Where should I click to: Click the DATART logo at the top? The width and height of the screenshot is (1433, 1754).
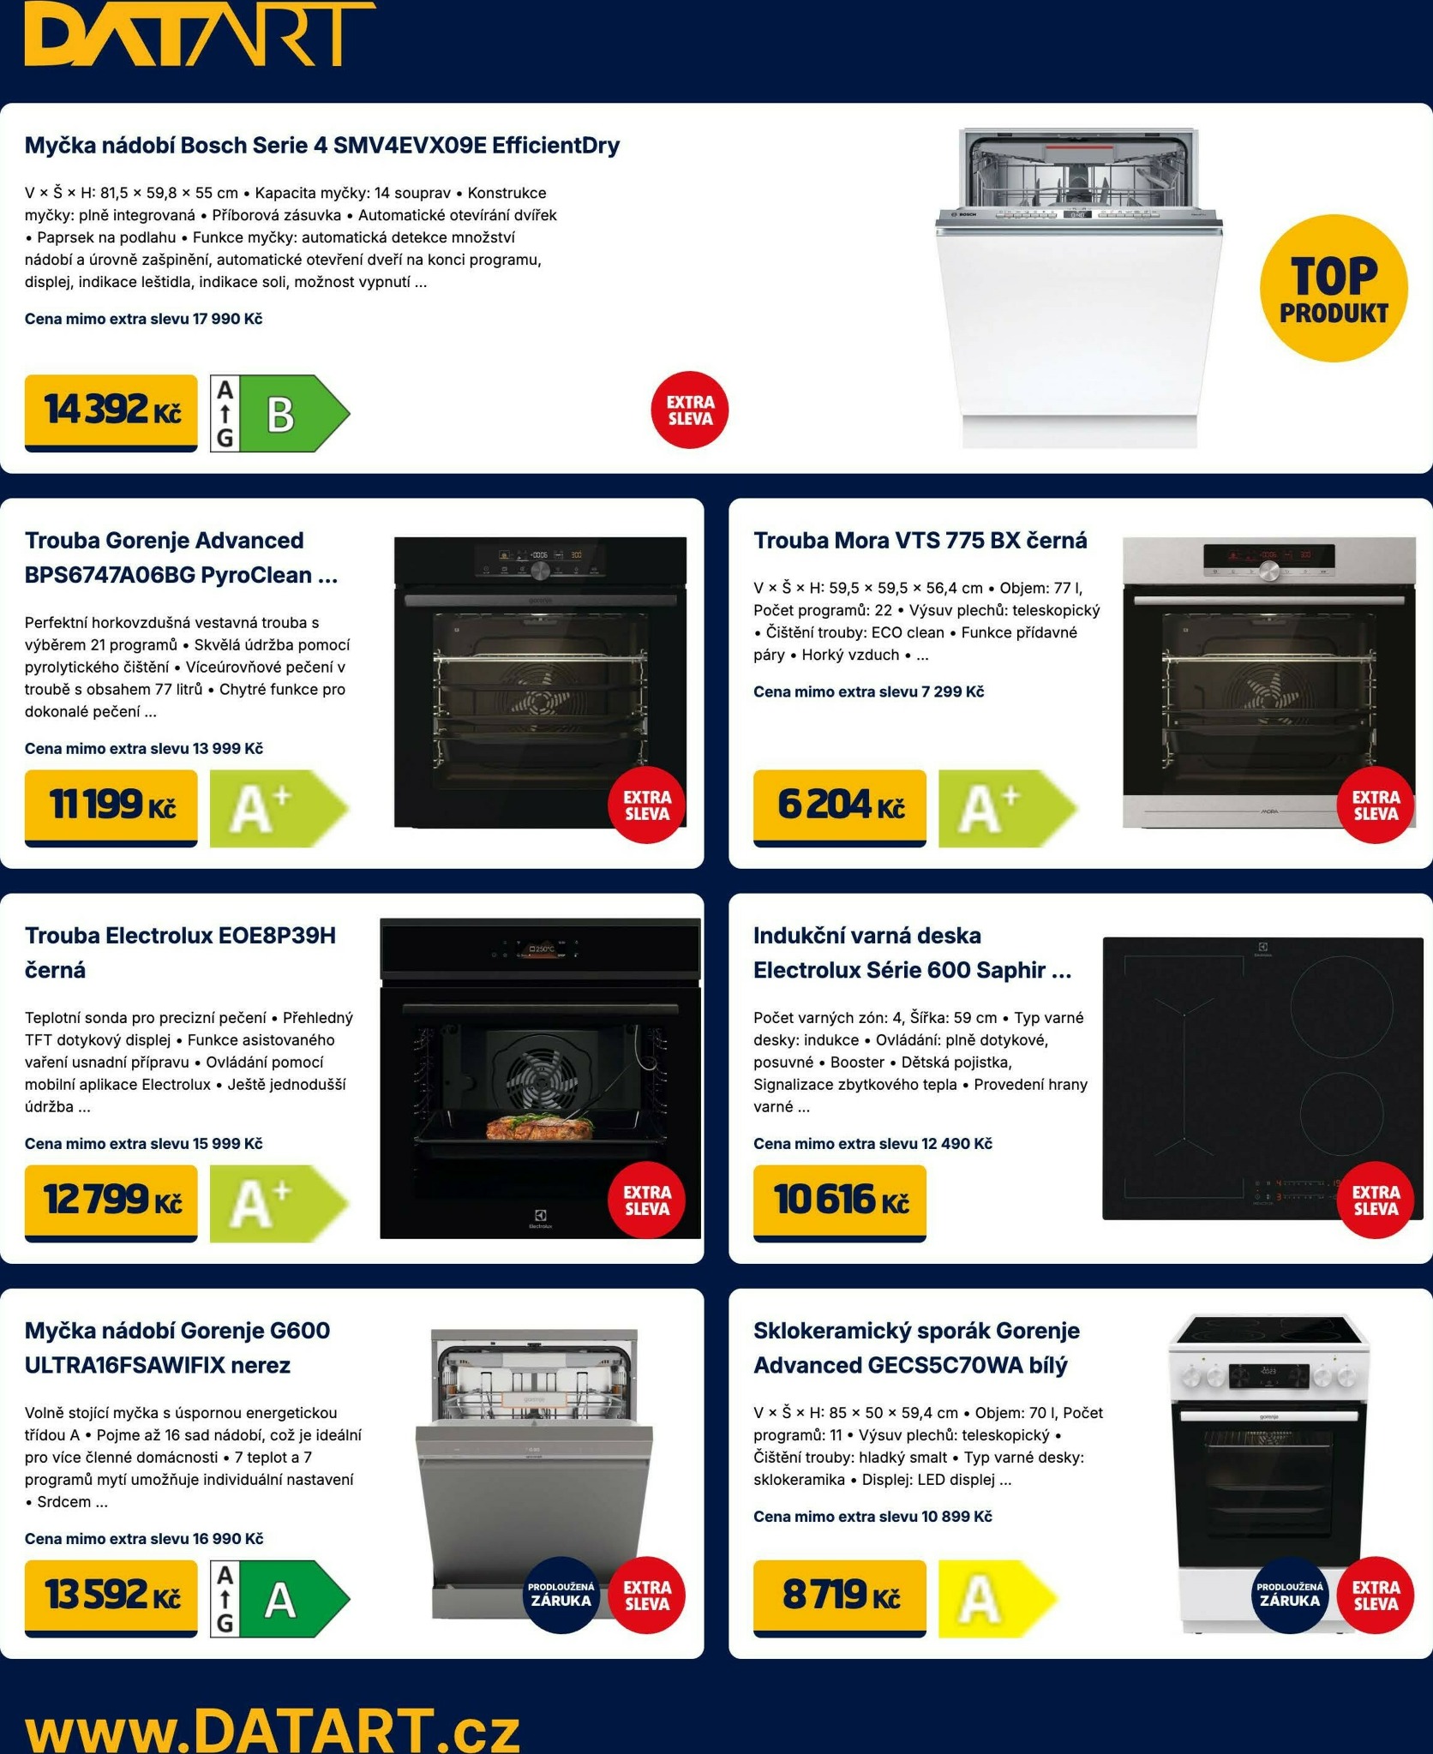(x=200, y=34)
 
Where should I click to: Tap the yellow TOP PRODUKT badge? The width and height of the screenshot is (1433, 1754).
(x=1334, y=288)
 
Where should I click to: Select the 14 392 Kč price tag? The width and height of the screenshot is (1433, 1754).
(x=111, y=412)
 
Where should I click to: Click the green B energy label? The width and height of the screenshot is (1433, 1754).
(x=280, y=413)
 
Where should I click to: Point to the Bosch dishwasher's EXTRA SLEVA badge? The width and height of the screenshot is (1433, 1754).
(x=690, y=410)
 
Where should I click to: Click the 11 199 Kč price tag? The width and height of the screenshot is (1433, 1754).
(x=111, y=807)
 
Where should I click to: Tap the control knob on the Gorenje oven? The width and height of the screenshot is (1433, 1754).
(x=540, y=571)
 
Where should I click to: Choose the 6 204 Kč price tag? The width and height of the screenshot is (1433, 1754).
(x=840, y=807)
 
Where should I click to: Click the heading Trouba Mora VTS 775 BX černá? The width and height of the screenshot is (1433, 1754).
(x=920, y=541)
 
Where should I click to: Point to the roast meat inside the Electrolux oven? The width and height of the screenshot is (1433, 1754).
(x=539, y=1125)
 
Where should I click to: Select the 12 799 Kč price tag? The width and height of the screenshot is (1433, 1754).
(x=111, y=1202)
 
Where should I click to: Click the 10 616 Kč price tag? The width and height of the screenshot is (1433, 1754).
(x=840, y=1202)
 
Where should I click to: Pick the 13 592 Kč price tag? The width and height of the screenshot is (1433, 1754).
(x=111, y=1598)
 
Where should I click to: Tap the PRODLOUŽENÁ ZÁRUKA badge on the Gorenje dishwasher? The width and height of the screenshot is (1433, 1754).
(x=561, y=1595)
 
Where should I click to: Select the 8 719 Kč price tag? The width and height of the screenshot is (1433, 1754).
(x=840, y=1598)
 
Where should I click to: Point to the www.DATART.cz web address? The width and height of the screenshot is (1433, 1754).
(x=273, y=1729)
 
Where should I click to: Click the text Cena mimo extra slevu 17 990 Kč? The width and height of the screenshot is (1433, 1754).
(x=144, y=319)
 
